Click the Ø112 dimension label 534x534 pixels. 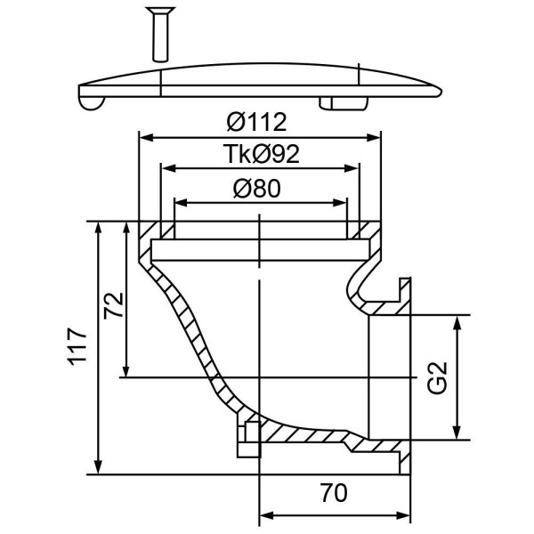click(257, 122)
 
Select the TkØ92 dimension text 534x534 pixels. click(261, 154)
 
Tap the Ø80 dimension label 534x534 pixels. click(257, 189)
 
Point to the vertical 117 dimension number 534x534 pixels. click(78, 347)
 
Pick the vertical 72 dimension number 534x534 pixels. click(114, 305)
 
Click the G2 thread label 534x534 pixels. click(437, 377)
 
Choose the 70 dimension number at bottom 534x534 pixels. click(334, 493)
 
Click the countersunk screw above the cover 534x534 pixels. click(160, 35)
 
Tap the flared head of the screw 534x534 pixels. click(160, 12)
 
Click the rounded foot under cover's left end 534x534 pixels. click(92, 103)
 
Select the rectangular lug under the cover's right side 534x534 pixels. click(344, 103)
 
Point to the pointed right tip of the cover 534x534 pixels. click(441, 92)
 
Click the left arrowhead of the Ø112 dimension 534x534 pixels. click(146, 138)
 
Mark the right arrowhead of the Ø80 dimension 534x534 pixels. click(340, 203)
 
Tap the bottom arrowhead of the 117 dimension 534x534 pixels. click(98, 467)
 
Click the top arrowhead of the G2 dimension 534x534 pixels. click(457, 322)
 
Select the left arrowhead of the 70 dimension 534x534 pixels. click(267, 515)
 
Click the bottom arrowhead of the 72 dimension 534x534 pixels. click(126, 370)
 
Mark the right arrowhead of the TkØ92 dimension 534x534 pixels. click(352, 168)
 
